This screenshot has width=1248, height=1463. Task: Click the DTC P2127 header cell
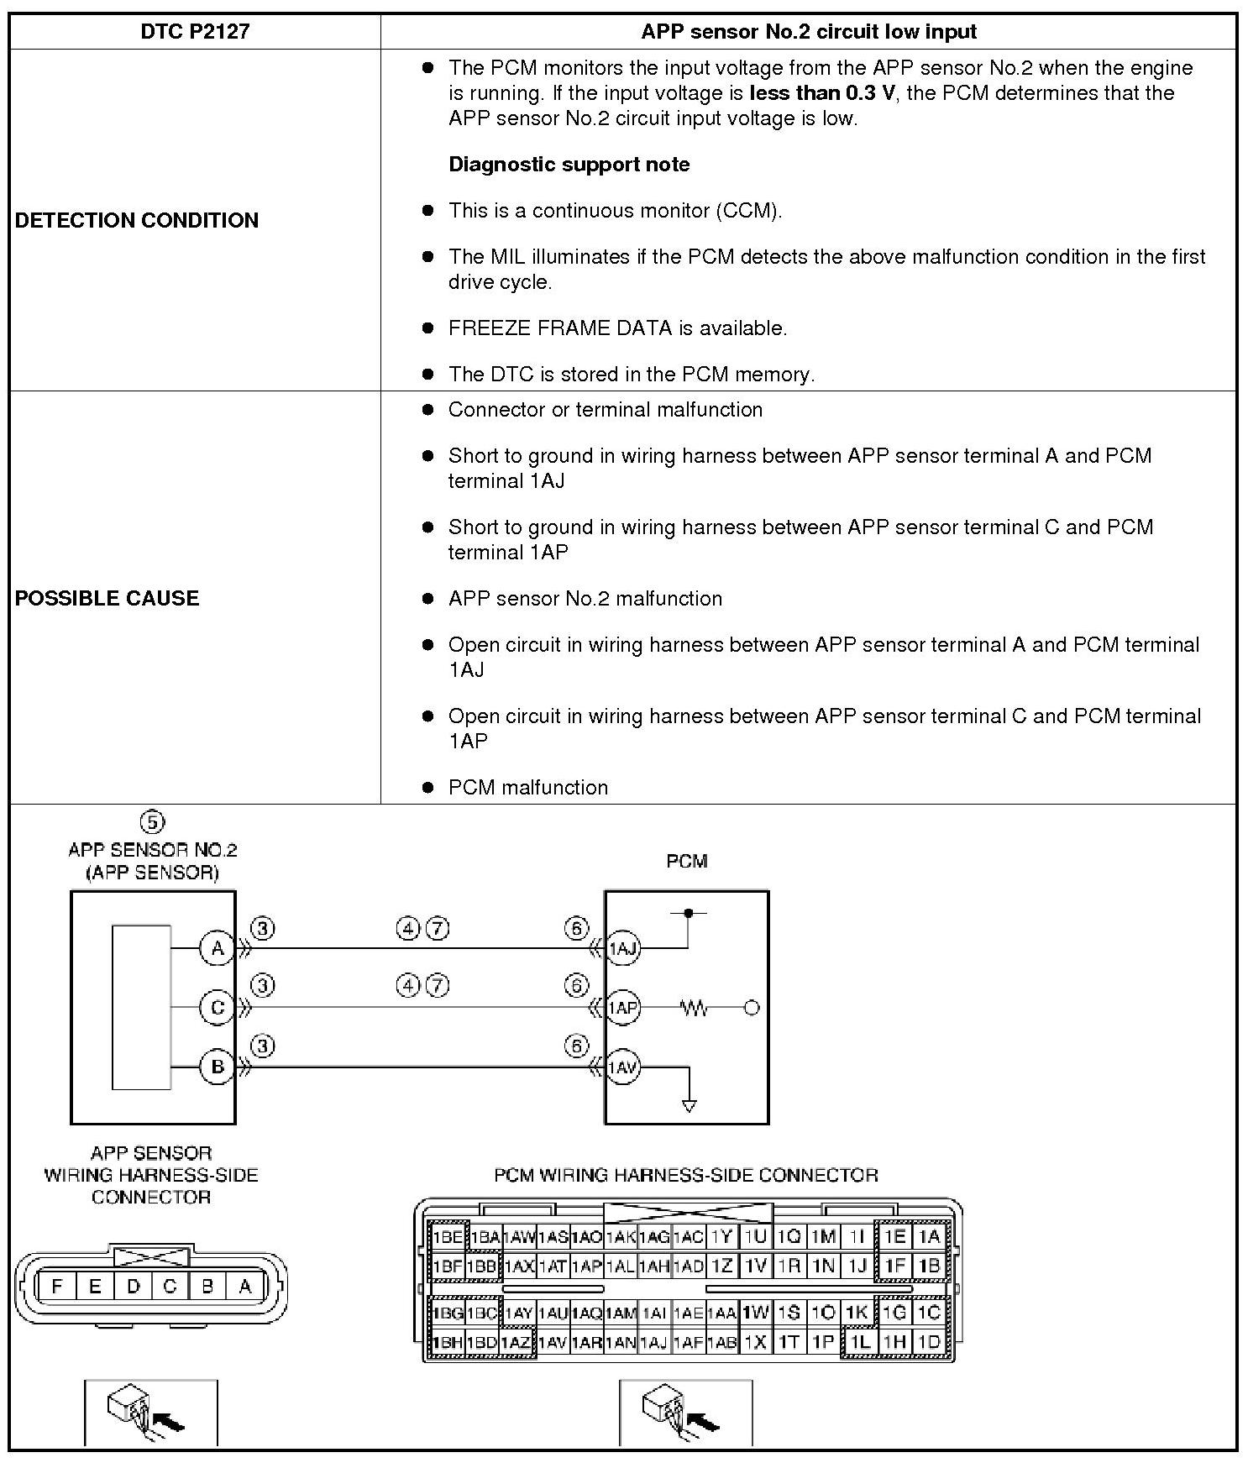tap(195, 32)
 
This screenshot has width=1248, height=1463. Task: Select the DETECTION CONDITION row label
tap(137, 220)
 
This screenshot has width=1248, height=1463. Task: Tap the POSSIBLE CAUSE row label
tap(107, 598)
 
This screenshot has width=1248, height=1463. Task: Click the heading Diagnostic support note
tap(569, 164)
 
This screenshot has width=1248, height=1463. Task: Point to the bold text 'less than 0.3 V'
tap(822, 92)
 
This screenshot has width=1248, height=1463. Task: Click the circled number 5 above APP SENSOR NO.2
tap(152, 822)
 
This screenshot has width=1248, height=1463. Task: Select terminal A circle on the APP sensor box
tap(217, 948)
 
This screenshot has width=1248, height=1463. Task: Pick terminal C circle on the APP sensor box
tap(217, 1007)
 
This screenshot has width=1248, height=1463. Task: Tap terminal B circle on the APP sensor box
tap(217, 1067)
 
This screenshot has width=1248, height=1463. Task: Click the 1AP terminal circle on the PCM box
tap(622, 1007)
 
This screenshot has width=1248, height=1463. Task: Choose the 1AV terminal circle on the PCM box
tap(622, 1067)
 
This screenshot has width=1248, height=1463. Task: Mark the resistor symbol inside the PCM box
tap(695, 1007)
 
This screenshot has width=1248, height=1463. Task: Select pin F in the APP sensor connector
tap(57, 1286)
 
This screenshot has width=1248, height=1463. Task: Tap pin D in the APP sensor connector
tap(133, 1286)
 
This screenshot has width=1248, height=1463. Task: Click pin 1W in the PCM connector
tap(756, 1312)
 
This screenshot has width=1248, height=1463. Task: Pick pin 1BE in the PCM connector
tap(448, 1236)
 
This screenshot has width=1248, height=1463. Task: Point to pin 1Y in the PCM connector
tap(721, 1236)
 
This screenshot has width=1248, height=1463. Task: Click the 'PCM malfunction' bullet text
tap(527, 787)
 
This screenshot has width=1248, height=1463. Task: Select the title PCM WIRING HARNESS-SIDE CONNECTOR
tap(685, 1174)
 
